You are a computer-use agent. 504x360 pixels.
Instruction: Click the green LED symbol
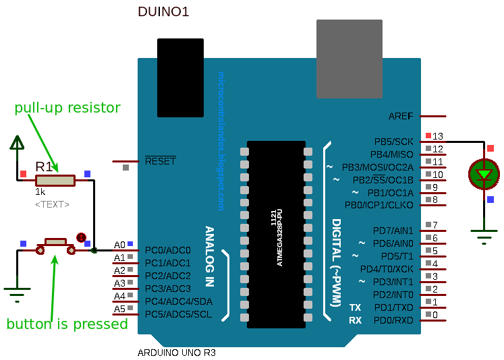[x=484, y=174]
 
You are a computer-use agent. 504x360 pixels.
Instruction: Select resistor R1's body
[x=55, y=180]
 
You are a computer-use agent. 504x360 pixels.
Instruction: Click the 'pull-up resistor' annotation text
[x=67, y=108]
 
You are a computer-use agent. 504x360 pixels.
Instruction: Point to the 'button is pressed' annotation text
[x=67, y=324]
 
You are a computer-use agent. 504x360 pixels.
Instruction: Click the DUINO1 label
[x=163, y=11]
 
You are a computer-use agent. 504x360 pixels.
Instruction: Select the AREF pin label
[x=401, y=116]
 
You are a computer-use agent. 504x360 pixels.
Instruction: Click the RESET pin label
[x=160, y=161]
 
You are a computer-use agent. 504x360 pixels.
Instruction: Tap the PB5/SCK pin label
[x=393, y=142]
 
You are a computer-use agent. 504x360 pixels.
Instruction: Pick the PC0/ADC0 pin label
[x=168, y=251]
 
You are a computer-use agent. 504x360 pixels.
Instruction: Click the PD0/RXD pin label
[x=393, y=320]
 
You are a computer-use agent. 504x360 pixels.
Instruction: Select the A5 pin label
[x=119, y=309]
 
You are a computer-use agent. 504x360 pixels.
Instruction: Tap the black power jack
[x=180, y=78]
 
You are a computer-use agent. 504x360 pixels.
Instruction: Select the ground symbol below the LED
[x=484, y=237]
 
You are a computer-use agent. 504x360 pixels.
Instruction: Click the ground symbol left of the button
[x=17, y=292]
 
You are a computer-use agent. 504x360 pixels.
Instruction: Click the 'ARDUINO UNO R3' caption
[x=177, y=353]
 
